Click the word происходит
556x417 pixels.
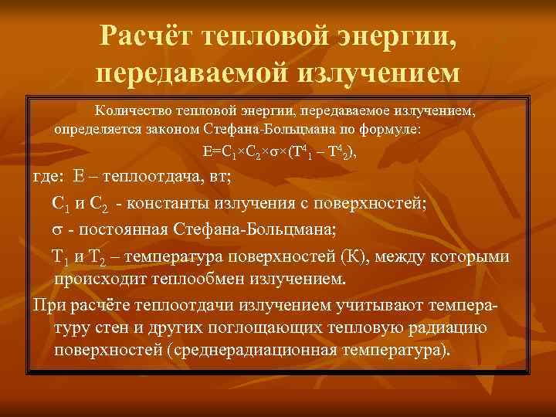coord(95,277)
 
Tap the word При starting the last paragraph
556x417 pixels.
coord(48,303)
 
